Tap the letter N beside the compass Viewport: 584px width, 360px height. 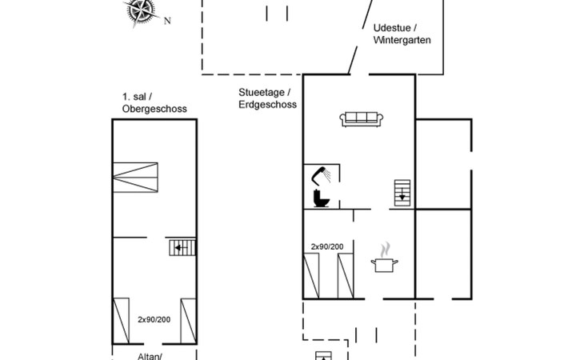167,22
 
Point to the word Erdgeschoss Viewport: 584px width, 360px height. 267,104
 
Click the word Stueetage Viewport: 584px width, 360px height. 258,91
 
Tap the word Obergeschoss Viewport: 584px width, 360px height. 149,108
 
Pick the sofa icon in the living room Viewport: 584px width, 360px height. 362,119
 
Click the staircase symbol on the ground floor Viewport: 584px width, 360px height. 402,193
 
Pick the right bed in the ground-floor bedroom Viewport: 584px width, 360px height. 346,274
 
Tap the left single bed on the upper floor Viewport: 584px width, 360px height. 121,320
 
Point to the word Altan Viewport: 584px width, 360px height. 125,354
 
